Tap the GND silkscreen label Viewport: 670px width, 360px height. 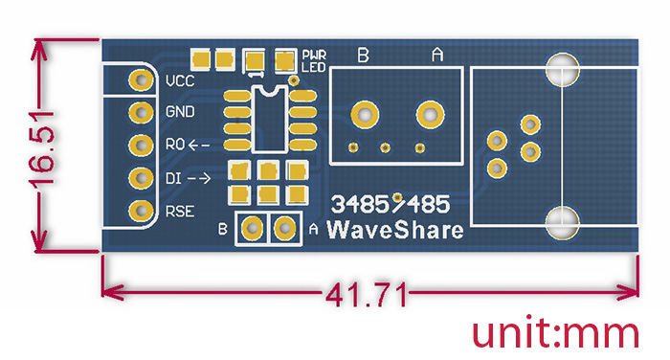(x=181, y=112)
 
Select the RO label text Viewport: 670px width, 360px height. (x=174, y=145)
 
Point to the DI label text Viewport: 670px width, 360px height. (x=172, y=178)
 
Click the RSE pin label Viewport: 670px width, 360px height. (x=181, y=211)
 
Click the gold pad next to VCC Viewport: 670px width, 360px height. (x=141, y=80)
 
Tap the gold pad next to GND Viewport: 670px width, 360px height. (x=141, y=113)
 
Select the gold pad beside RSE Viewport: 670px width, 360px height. (x=141, y=211)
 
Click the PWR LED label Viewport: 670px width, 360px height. (x=313, y=60)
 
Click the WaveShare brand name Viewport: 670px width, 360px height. (x=395, y=230)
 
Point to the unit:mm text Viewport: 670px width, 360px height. (x=555, y=333)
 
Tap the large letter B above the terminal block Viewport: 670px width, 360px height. (x=364, y=56)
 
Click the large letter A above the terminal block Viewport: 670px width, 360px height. (x=437, y=56)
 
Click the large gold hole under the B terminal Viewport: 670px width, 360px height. (x=365, y=115)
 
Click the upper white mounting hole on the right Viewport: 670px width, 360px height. (x=562, y=69)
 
